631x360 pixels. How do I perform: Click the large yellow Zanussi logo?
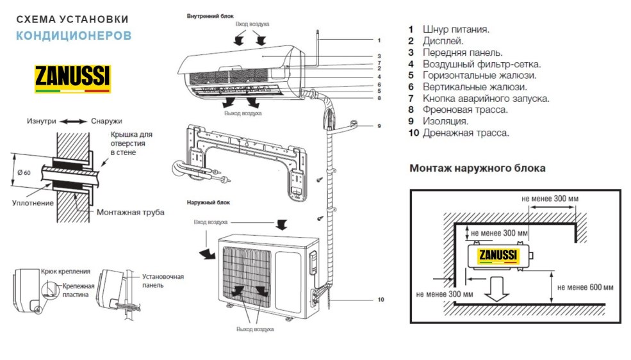(x=72, y=78)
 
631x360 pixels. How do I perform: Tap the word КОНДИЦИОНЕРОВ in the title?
(x=74, y=35)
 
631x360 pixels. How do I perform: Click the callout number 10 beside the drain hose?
(x=381, y=299)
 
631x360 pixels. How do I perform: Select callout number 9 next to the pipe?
(x=379, y=126)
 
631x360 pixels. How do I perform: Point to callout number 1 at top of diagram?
(x=379, y=40)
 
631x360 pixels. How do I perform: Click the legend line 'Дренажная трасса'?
(x=458, y=133)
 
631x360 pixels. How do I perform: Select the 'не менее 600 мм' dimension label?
(x=585, y=286)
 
